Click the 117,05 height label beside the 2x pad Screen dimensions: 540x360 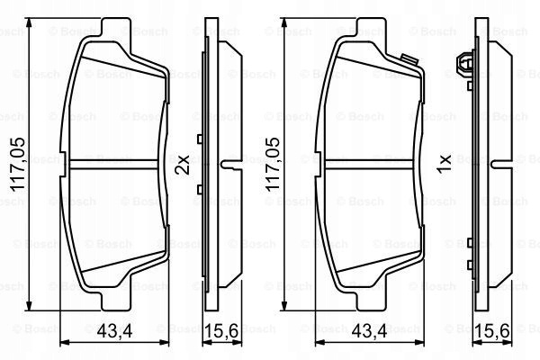[17, 165]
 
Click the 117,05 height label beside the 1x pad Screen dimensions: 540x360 [272, 165]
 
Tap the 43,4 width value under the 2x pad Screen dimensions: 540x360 [114, 331]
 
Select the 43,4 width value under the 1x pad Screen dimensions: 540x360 [370, 331]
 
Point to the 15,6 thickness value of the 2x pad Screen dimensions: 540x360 [221, 331]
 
